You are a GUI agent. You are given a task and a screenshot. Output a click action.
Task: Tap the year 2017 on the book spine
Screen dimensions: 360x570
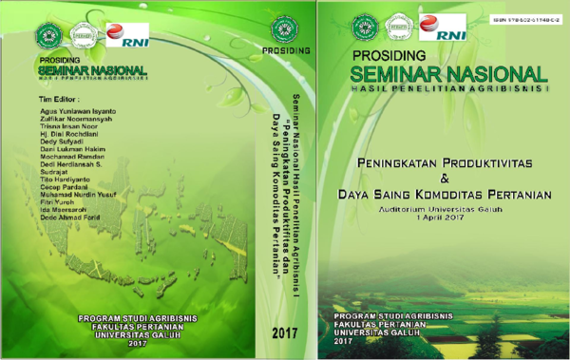(284, 332)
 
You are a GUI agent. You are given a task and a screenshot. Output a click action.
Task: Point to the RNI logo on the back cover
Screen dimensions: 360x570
(122, 34)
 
